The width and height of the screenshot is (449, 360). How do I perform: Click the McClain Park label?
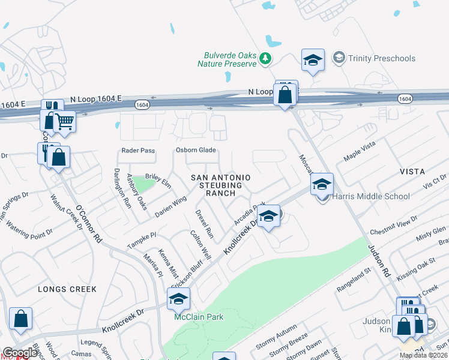pyautogui.click(x=194, y=317)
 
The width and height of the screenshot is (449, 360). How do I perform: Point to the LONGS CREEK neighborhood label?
pyautogui.click(x=67, y=289)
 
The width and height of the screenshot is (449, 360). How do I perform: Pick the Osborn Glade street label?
pyautogui.click(x=195, y=151)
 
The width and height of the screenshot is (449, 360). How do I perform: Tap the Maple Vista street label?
pyautogui.click(x=359, y=152)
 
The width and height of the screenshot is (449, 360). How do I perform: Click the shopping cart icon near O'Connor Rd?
pyautogui.click(x=64, y=122)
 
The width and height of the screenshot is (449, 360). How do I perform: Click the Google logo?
pyautogui.click(x=20, y=353)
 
